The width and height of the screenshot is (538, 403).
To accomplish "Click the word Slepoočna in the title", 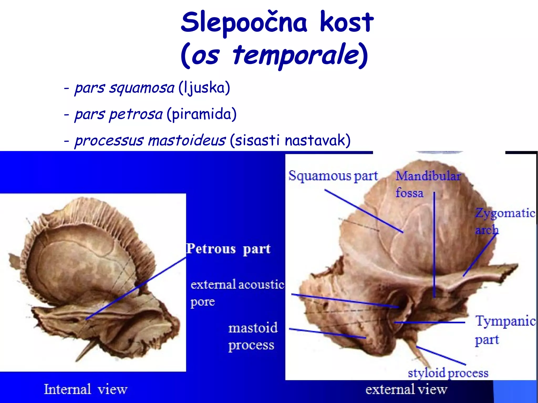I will pos(244,23).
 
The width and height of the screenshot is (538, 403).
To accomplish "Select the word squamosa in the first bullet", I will pos(142,88).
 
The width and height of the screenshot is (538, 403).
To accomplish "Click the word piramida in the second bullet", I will pos(202,114).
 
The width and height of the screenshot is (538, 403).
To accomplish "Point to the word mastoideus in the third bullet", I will pos(187,140).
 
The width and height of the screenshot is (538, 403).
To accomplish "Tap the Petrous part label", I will pos(228,249).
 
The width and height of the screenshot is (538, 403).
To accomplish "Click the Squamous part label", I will pos(333,176).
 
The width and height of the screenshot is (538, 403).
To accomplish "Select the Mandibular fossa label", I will pos(428,184).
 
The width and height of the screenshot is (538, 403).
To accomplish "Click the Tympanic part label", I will pos(504,330).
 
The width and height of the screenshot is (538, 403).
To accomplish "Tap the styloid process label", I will pos(448,373).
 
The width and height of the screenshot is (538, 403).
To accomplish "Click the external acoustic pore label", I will pos(236,292).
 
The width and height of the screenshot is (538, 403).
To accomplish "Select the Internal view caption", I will pos(86,389).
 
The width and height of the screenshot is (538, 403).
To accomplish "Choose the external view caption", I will pos(406,390).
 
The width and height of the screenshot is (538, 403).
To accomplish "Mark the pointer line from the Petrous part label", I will pos(137,287).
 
